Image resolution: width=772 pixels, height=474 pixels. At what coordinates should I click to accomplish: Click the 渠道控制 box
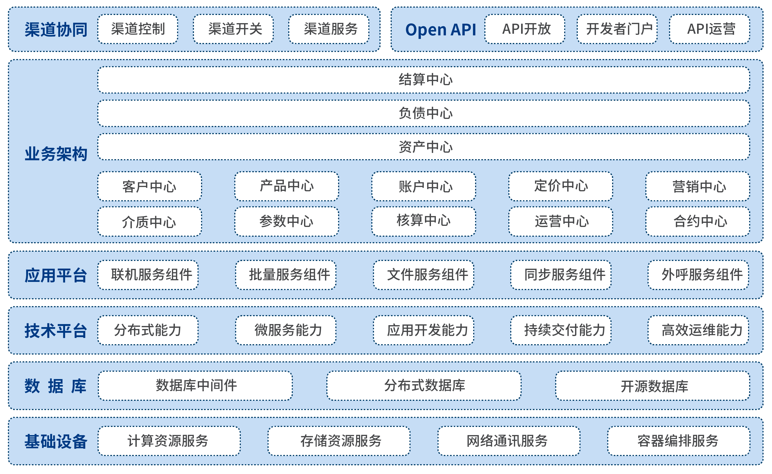[138, 29]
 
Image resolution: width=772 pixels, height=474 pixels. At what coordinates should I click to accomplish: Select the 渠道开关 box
[233, 29]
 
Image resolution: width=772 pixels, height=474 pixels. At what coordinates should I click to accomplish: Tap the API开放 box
[525, 29]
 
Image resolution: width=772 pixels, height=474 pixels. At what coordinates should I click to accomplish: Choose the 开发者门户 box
[617, 29]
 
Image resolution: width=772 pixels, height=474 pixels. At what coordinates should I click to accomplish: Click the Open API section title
[440, 30]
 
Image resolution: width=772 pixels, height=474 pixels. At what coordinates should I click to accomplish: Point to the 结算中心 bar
[424, 80]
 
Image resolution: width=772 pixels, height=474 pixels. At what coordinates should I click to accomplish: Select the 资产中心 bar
[424, 147]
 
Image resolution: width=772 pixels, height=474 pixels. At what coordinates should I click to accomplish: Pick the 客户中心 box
[150, 187]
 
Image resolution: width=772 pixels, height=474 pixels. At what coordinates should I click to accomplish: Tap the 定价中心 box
[561, 187]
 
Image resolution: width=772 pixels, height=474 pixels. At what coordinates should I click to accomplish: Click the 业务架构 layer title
[56, 154]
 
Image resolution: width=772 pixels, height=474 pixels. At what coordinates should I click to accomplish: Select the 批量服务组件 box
[286, 275]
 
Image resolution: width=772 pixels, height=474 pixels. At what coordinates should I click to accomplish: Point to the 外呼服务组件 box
[698, 275]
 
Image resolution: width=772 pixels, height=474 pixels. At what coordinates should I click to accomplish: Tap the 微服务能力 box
[286, 330]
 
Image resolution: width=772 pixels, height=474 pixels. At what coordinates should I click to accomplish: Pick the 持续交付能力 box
[561, 330]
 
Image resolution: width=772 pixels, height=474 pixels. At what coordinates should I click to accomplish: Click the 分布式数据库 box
[424, 386]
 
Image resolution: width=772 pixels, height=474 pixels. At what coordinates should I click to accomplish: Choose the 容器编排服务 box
[679, 441]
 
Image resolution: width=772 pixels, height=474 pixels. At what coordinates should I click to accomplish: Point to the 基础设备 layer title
[56, 442]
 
